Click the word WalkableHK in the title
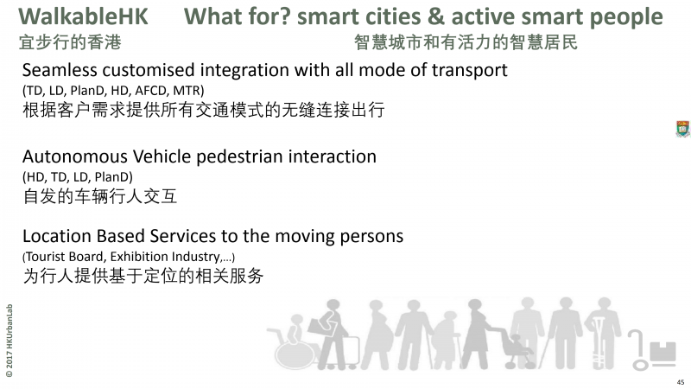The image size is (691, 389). (x=83, y=16)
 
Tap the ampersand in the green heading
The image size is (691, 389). (x=435, y=16)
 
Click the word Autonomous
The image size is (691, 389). (x=75, y=156)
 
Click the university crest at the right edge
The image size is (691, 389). (x=682, y=129)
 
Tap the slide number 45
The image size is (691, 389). (x=681, y=382)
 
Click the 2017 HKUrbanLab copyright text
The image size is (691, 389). (x=10, y=341)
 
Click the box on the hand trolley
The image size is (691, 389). (x=662, y=352)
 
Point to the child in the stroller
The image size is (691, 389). (x=516, y=344)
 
